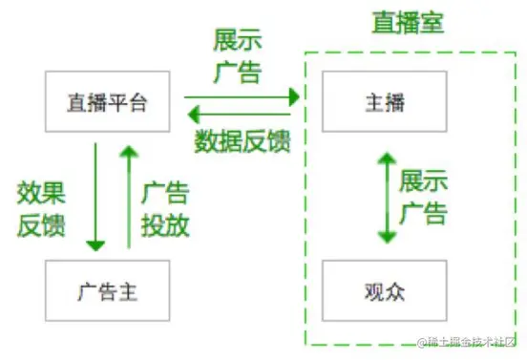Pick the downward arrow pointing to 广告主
coord(95,197)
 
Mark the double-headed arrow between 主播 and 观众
coord(386,197)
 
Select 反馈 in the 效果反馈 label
coord(42,225)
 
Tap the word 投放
coord(165,225)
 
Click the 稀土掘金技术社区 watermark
coord(468,343)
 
